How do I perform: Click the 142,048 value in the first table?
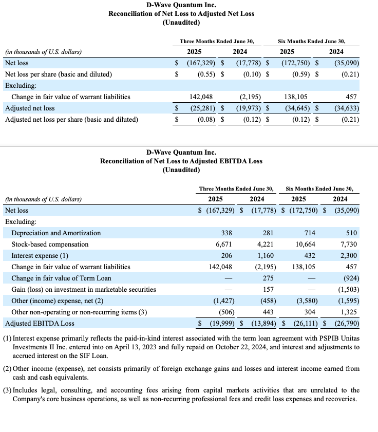[x=201, y=97]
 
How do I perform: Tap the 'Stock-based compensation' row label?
[x=50, y=244]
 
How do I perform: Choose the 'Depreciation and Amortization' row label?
[x=56, y=233]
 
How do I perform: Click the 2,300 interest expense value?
[x=348, y=255]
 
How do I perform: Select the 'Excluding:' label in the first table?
[x=21, y=85]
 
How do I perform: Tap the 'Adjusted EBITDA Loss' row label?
[x=40, y=323]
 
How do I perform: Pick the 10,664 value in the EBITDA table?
[x=306, y=244]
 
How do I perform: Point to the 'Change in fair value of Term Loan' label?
[x=61, y=278]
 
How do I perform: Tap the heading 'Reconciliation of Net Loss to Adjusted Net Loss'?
[x=181, y=13]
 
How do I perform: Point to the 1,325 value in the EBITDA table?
[x=348, y=312]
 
